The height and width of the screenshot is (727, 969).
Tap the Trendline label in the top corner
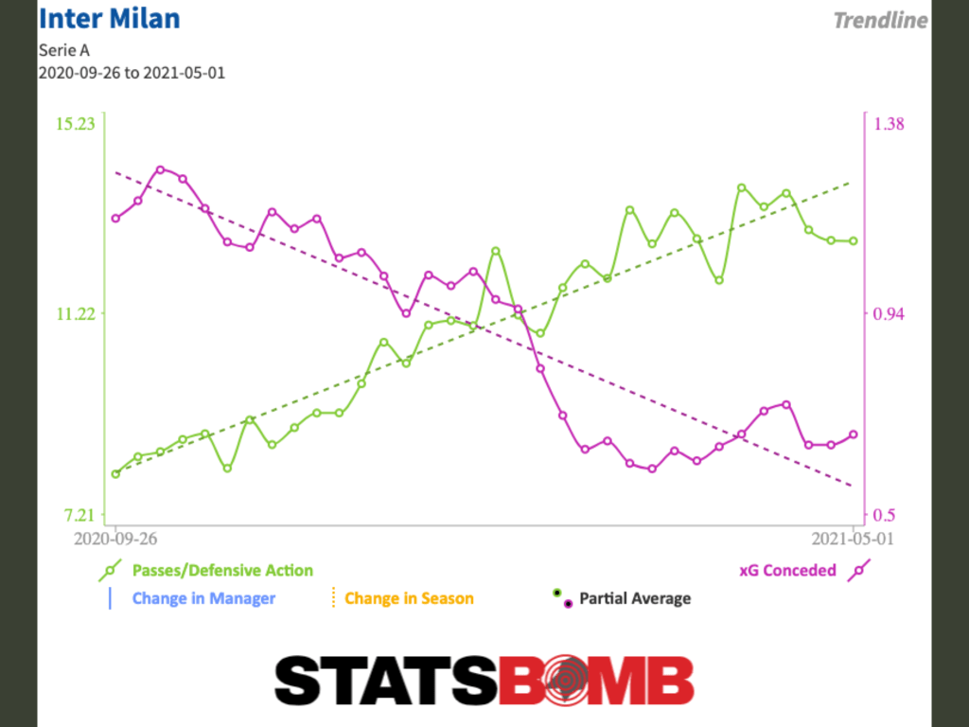pos(880,20)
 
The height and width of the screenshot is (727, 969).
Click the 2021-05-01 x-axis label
pos(853,539)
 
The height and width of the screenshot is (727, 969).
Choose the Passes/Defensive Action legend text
pos(222,570)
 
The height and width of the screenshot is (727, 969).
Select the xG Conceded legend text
pos(787,570)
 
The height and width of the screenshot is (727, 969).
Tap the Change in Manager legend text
pos(203,598)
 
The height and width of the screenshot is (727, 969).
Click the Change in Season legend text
pos(409,598)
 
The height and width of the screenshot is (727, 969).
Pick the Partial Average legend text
pos(635,598)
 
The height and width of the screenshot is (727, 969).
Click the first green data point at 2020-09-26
pos(115,473)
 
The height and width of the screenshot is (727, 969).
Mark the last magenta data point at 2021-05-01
pos(854,434)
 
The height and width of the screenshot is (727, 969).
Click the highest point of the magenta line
pos(160,169)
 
